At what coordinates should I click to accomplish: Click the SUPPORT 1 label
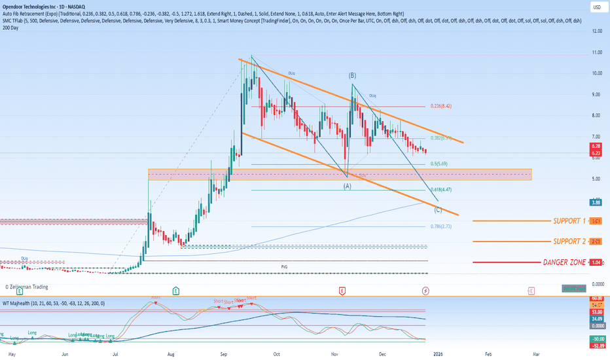[569, 221]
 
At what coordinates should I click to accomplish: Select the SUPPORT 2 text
[569, 242]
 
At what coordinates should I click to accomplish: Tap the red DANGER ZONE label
[564, 262]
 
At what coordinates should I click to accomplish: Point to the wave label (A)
[347, 186]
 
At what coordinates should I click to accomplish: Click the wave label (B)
[352, 76]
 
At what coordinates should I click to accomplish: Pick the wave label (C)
[437, 209]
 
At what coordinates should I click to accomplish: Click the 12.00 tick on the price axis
[596, 31]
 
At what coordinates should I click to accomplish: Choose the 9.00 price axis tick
[596, 94]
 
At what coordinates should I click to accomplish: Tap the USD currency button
[596, 8]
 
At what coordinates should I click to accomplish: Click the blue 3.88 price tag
[596, 202]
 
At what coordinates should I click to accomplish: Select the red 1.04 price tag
[596, 262]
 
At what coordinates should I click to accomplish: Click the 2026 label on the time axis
[438, 354]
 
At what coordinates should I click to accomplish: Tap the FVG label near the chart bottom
[285, 267]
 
